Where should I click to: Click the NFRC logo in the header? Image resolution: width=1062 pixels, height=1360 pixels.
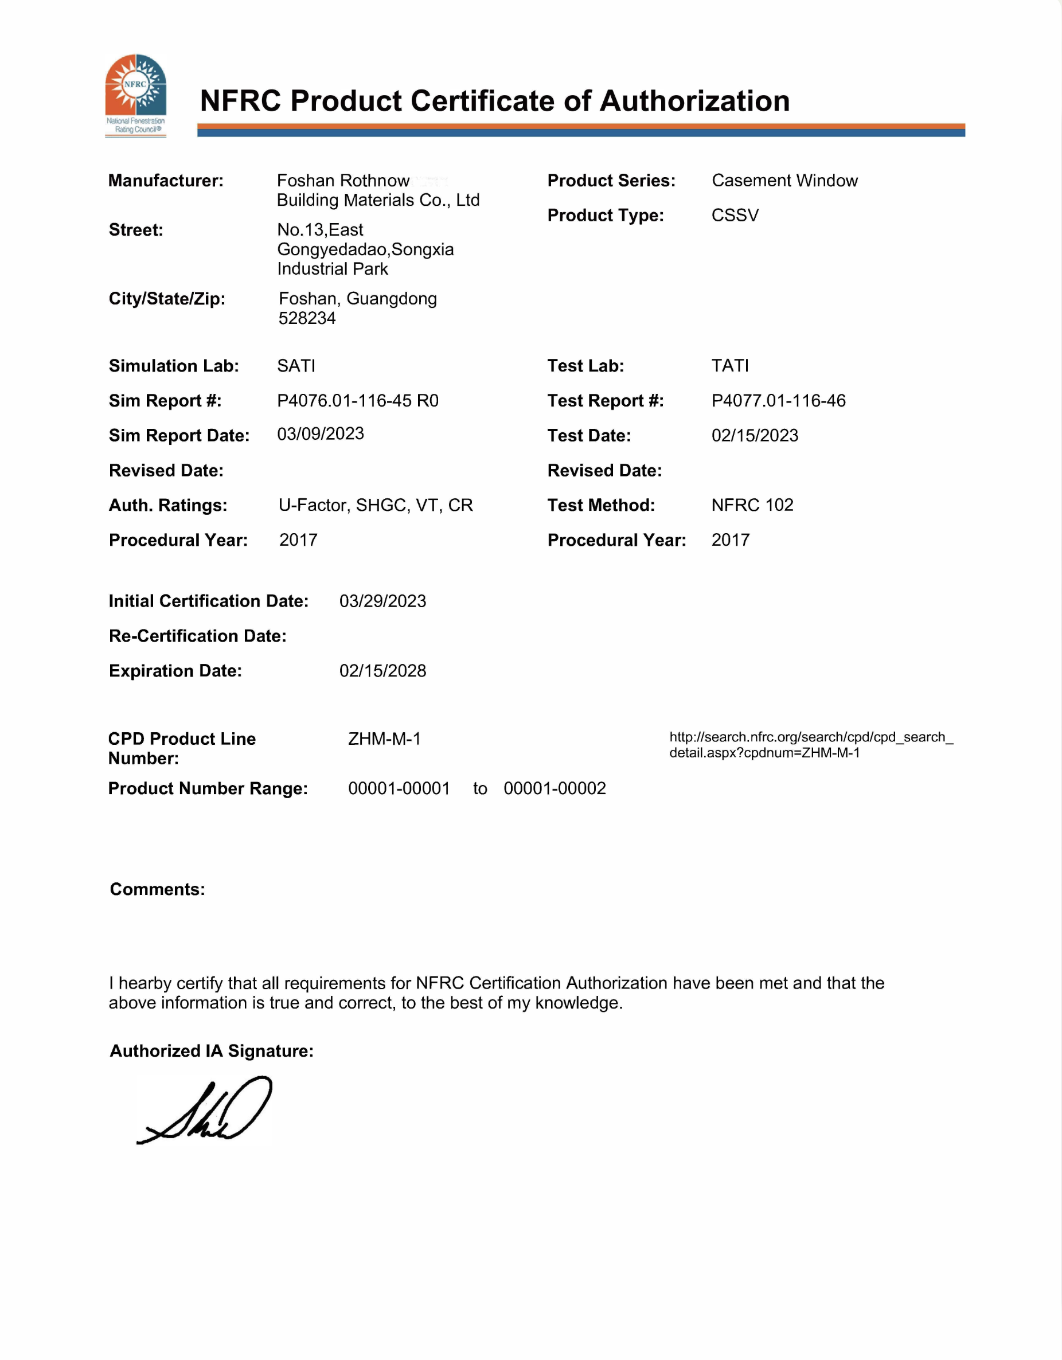(135, 95)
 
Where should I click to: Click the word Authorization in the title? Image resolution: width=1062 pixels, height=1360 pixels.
(694, 101)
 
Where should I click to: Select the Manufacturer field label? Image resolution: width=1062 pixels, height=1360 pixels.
(166, 181)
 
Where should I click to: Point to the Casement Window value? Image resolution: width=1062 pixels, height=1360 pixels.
(784, 181)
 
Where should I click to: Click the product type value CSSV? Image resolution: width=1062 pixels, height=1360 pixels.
(735, 216)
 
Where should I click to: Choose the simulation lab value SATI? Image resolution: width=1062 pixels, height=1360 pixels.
(296, 366)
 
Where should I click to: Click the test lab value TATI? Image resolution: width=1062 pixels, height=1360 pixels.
(730, 366)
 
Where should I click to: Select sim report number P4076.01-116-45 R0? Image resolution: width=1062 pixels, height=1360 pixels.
(357, 400)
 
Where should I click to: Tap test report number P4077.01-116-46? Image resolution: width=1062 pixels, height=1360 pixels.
(778, 400)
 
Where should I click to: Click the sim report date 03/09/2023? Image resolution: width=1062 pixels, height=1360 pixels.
(320, 434)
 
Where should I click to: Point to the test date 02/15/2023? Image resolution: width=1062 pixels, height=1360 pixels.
(755, 435)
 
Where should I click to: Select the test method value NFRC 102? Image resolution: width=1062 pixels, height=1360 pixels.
(752, 505)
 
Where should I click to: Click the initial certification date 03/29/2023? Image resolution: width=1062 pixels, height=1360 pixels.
(382, 601)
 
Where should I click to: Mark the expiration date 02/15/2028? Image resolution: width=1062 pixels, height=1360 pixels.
(382, 671)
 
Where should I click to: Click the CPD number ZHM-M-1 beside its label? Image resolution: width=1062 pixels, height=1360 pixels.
(384, 738)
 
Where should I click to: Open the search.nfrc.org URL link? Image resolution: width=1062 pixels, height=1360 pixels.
(810, 745)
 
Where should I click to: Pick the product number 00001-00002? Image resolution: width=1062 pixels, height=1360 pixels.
(555, 788)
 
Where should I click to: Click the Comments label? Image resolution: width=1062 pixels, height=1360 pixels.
(158, 889)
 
